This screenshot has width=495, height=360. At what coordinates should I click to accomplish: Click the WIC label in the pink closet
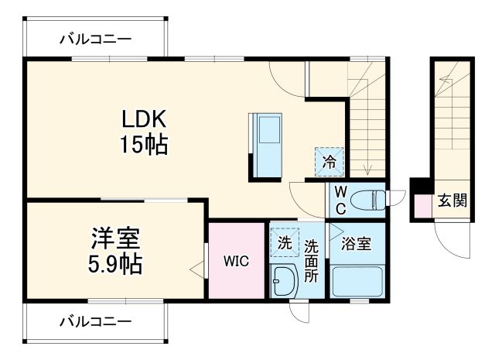(237, 262)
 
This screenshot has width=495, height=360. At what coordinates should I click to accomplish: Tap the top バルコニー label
(95, 38)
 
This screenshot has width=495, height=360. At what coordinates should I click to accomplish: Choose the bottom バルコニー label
(95, 320)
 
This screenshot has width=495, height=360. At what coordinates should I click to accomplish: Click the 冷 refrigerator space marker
(329, 162)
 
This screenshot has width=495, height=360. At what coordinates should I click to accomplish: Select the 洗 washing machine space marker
(284, 242)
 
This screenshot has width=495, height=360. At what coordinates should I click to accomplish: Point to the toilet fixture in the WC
(370, 201)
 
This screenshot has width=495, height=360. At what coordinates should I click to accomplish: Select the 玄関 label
(452, 201)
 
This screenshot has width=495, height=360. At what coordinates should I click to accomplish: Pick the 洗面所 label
(310, 260)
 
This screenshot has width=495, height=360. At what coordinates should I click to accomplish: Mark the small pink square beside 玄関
(422, 207)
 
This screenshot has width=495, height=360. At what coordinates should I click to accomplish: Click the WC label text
(340, 200)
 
